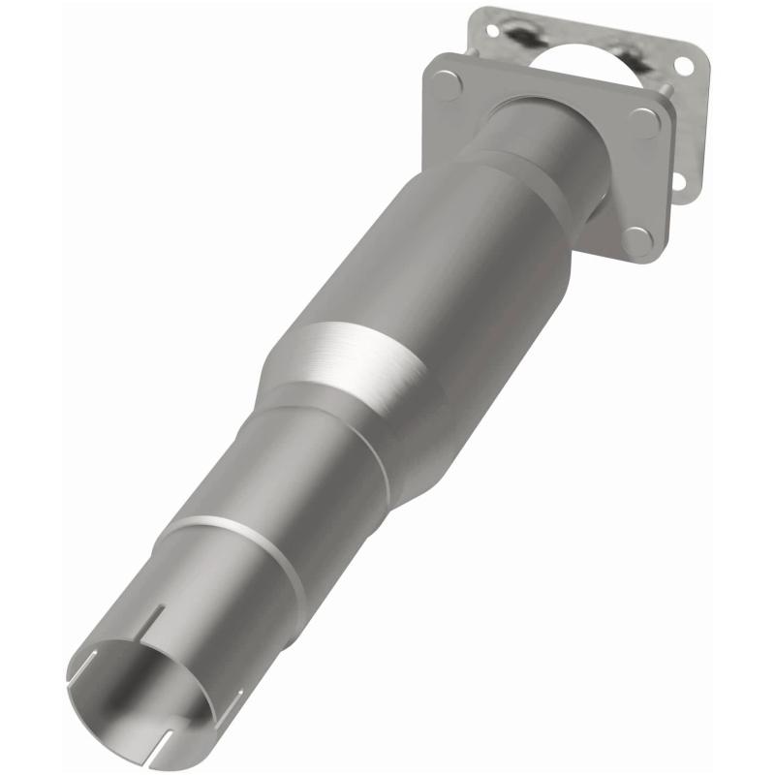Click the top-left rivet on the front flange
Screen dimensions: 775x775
point(448,84)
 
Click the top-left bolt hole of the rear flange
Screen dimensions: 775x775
point(493,31)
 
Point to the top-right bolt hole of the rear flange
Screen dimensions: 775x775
point(684,66)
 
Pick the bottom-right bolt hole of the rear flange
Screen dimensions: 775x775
point(679,181)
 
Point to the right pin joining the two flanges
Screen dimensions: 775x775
point(667,90)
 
